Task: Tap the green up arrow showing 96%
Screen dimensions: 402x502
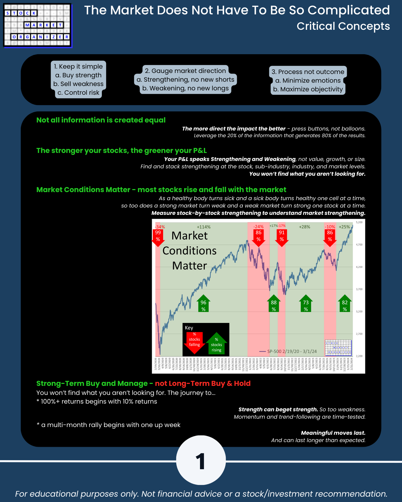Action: click(x=203, y=304)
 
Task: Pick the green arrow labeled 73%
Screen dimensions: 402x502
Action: click(x=306, y=304)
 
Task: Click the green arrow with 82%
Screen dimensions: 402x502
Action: click(x=345, y=304)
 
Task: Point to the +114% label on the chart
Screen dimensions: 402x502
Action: click(x=204, y=227)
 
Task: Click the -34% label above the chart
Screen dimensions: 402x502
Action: click(x=160, y=227)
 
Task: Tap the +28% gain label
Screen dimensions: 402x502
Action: click(x=305, y=227)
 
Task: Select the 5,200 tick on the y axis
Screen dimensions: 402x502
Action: click(x=359, y=222)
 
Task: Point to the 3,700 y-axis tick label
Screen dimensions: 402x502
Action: click(x=359, y=289)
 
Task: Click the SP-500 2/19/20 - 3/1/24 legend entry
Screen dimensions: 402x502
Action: click(x=288, y=351)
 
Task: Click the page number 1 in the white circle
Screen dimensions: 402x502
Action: click(x=201, y=462)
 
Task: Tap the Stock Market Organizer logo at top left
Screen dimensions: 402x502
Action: click(x=38, y=25)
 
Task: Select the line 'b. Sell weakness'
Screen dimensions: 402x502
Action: click(x=78, y=84)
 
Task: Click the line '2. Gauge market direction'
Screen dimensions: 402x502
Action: click(x=185, y=71)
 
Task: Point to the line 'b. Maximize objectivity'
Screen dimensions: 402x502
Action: click(x=308, y=89)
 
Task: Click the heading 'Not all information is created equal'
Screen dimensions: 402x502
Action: click(x=101, y=120)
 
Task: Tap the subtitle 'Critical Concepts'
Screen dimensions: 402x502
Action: click(x=343, y=26)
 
